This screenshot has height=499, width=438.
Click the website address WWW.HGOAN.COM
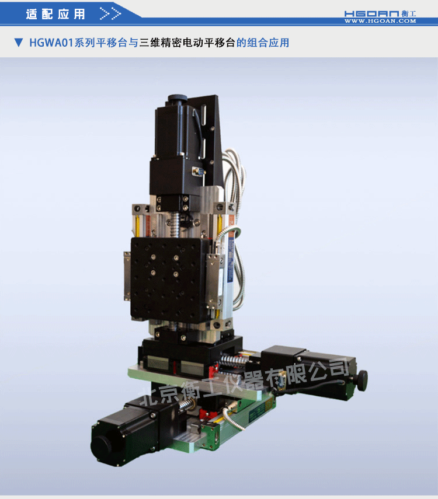click(x=380, y=21)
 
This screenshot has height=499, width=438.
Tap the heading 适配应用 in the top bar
click(x=55, y=14)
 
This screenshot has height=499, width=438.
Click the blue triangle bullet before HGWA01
click(x=18, y=43)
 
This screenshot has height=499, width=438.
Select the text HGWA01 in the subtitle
click(x=51, y=43)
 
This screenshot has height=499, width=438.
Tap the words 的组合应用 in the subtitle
click(x=263, y=43)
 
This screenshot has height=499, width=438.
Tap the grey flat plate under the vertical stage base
click(x=193, y=382)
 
